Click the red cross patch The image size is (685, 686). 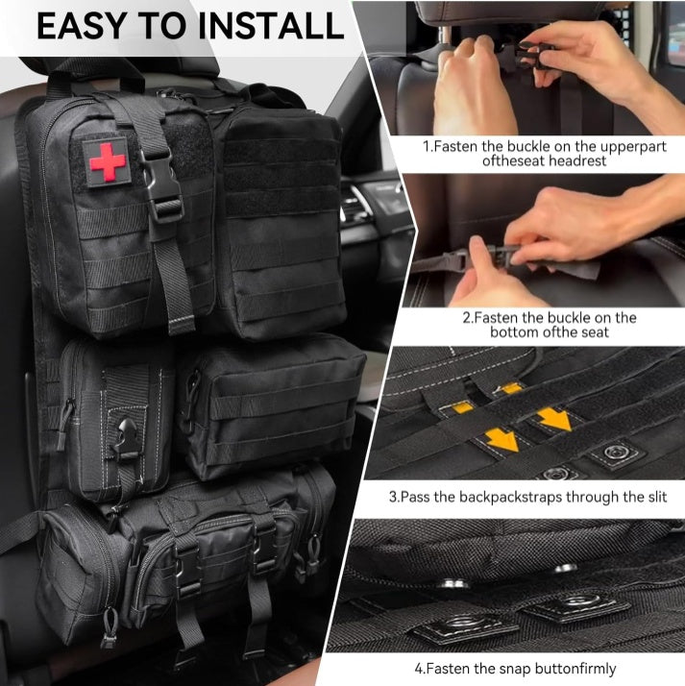pyautogui.click(x=108, y=160)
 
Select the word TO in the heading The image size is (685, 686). pyautogui.click(x=163, y=26)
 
